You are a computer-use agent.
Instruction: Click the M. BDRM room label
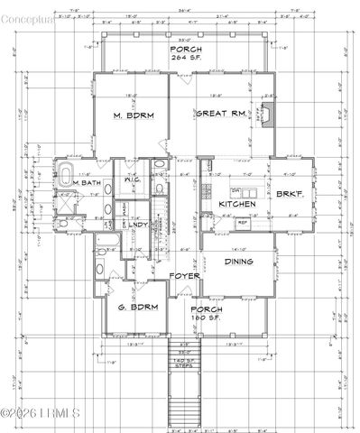(x=131, y=115)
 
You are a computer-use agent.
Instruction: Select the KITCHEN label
(x=236, y=205)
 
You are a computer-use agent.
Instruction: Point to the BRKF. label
(x=289, y=194)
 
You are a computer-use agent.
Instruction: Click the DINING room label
(x=237, y=263)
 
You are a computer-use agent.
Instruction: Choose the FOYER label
(x=185, y=276)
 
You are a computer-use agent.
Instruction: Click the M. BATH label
(x=88, y=184)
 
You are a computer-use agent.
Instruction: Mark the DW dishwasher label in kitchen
(x=234, y=191)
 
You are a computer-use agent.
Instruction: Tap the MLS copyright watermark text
(x=41, y=413)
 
